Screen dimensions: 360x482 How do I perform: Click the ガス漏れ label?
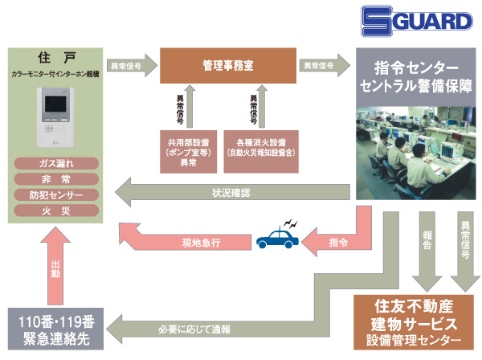(55, 164)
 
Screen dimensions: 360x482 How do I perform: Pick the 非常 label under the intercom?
(55, 180)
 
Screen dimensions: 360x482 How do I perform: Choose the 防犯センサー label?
(55, 195)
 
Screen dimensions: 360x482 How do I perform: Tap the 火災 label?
(55, 211)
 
